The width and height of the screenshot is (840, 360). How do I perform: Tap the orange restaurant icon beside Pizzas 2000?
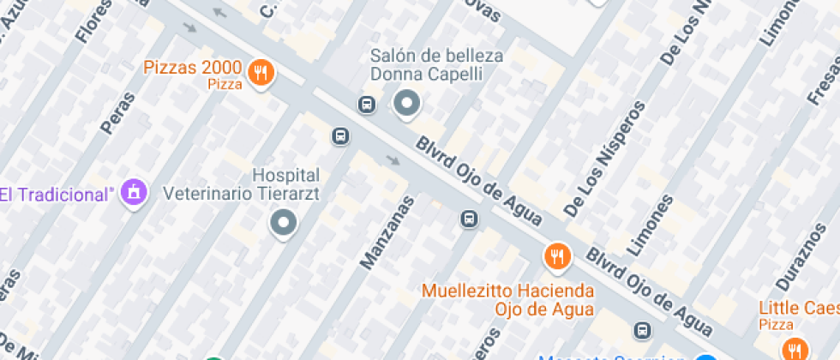260,74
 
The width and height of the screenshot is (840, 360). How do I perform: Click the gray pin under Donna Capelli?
407,105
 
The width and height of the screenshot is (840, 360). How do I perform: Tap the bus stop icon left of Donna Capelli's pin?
367,105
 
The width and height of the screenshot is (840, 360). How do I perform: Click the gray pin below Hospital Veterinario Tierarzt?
283,225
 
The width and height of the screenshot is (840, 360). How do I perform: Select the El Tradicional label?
57,194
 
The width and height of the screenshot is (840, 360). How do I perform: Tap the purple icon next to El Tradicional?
134,193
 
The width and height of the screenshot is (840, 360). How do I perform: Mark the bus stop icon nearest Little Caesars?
642,330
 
